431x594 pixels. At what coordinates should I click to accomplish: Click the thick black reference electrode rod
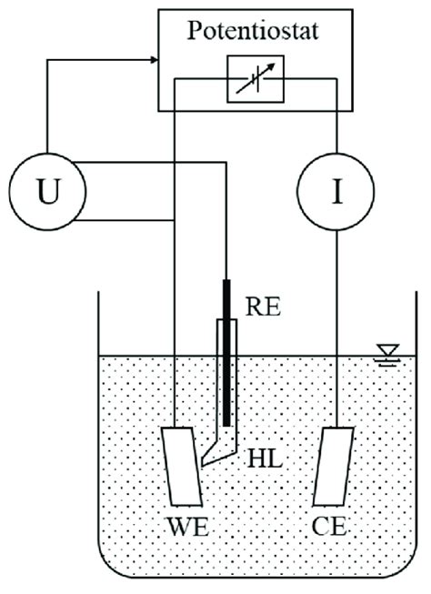point(226,364)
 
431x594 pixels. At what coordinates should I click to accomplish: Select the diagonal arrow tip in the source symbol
point(270,68)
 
